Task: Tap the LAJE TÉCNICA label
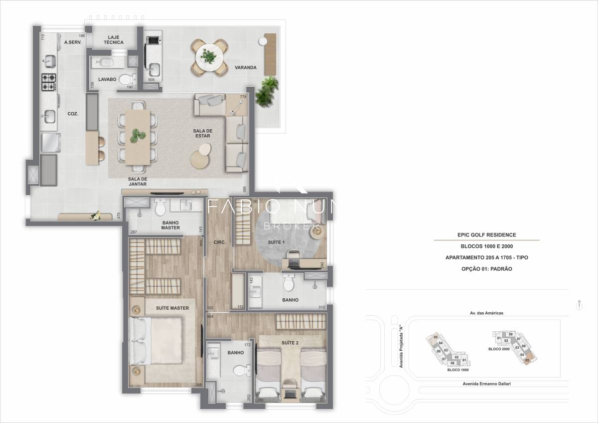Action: click(114, 39)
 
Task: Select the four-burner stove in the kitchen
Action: click(48, 82)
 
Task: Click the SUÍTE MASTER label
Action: click(172, 308)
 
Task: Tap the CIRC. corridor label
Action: click(220, 242)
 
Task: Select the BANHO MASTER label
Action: click(170, 225)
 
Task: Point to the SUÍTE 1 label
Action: click(276, 242)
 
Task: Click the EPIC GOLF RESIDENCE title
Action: click(486, 234)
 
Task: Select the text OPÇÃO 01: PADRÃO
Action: click(486, 269)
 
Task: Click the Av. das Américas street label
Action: click(486, 313)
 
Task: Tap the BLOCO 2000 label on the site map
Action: click(498, 349)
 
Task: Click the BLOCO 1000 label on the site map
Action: click(457, 370)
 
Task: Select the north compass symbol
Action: click(579, 306)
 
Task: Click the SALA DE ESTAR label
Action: click(202, 133)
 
